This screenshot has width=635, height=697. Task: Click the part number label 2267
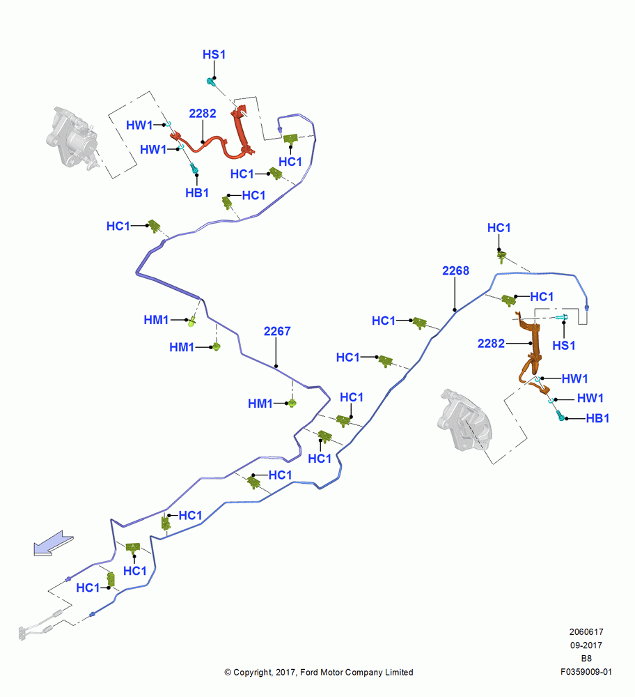pos(277,331)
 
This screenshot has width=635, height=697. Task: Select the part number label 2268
pos(455,270)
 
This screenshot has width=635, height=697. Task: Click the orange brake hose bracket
pos(531,351)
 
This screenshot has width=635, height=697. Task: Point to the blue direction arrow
pos(53,543)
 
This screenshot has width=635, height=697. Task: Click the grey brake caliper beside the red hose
pos(72,138)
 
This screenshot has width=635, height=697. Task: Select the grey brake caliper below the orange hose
pos(464,421)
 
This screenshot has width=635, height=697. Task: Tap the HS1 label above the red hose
pos(214,54)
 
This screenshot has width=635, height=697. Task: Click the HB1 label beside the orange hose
pos(597,418)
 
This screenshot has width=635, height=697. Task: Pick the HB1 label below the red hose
pos(197,193)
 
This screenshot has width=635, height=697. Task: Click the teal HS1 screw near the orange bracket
pos(562,317)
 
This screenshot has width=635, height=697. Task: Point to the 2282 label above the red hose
pos(203,114)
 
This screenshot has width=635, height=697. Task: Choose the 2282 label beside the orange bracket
pos(491,344)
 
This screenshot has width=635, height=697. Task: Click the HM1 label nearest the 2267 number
pos(260,404)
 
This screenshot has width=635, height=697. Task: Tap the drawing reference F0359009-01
pos(586,672)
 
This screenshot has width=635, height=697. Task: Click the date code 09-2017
pos(586,645)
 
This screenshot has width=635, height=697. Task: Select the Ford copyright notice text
pos(319,672)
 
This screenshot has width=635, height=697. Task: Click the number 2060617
pos(586,631)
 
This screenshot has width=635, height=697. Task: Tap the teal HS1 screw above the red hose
pos(212,82)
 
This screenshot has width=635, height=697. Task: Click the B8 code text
pos(586,659)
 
